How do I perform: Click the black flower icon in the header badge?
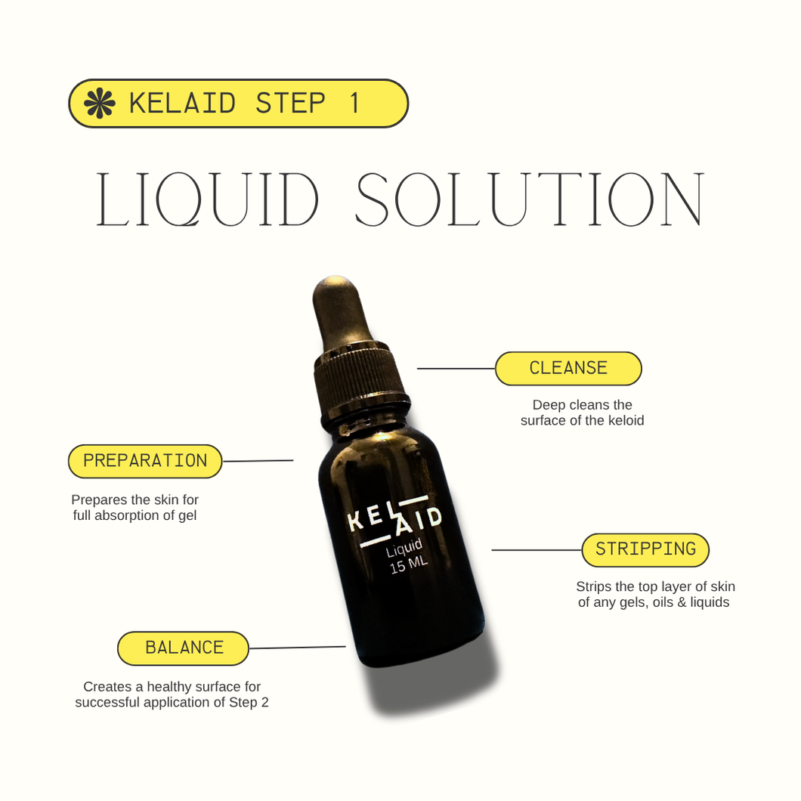(x=99, y=104)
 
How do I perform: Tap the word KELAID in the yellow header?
(x=182, y=104)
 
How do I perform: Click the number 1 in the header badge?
(x=354, y=104)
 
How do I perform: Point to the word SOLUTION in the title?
(x=530, y=200)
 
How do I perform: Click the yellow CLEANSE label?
(x=568, y=369)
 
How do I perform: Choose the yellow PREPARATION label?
(x=145, y=461)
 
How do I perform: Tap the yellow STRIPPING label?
(x=645, y=549)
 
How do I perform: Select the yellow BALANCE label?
(x=184, y=648)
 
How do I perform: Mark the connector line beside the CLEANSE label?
(x=456, y=369)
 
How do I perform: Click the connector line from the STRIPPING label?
(x=537, y=549)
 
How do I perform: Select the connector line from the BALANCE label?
(x=297, y=648)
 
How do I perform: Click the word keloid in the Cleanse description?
(x=625, y=421)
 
